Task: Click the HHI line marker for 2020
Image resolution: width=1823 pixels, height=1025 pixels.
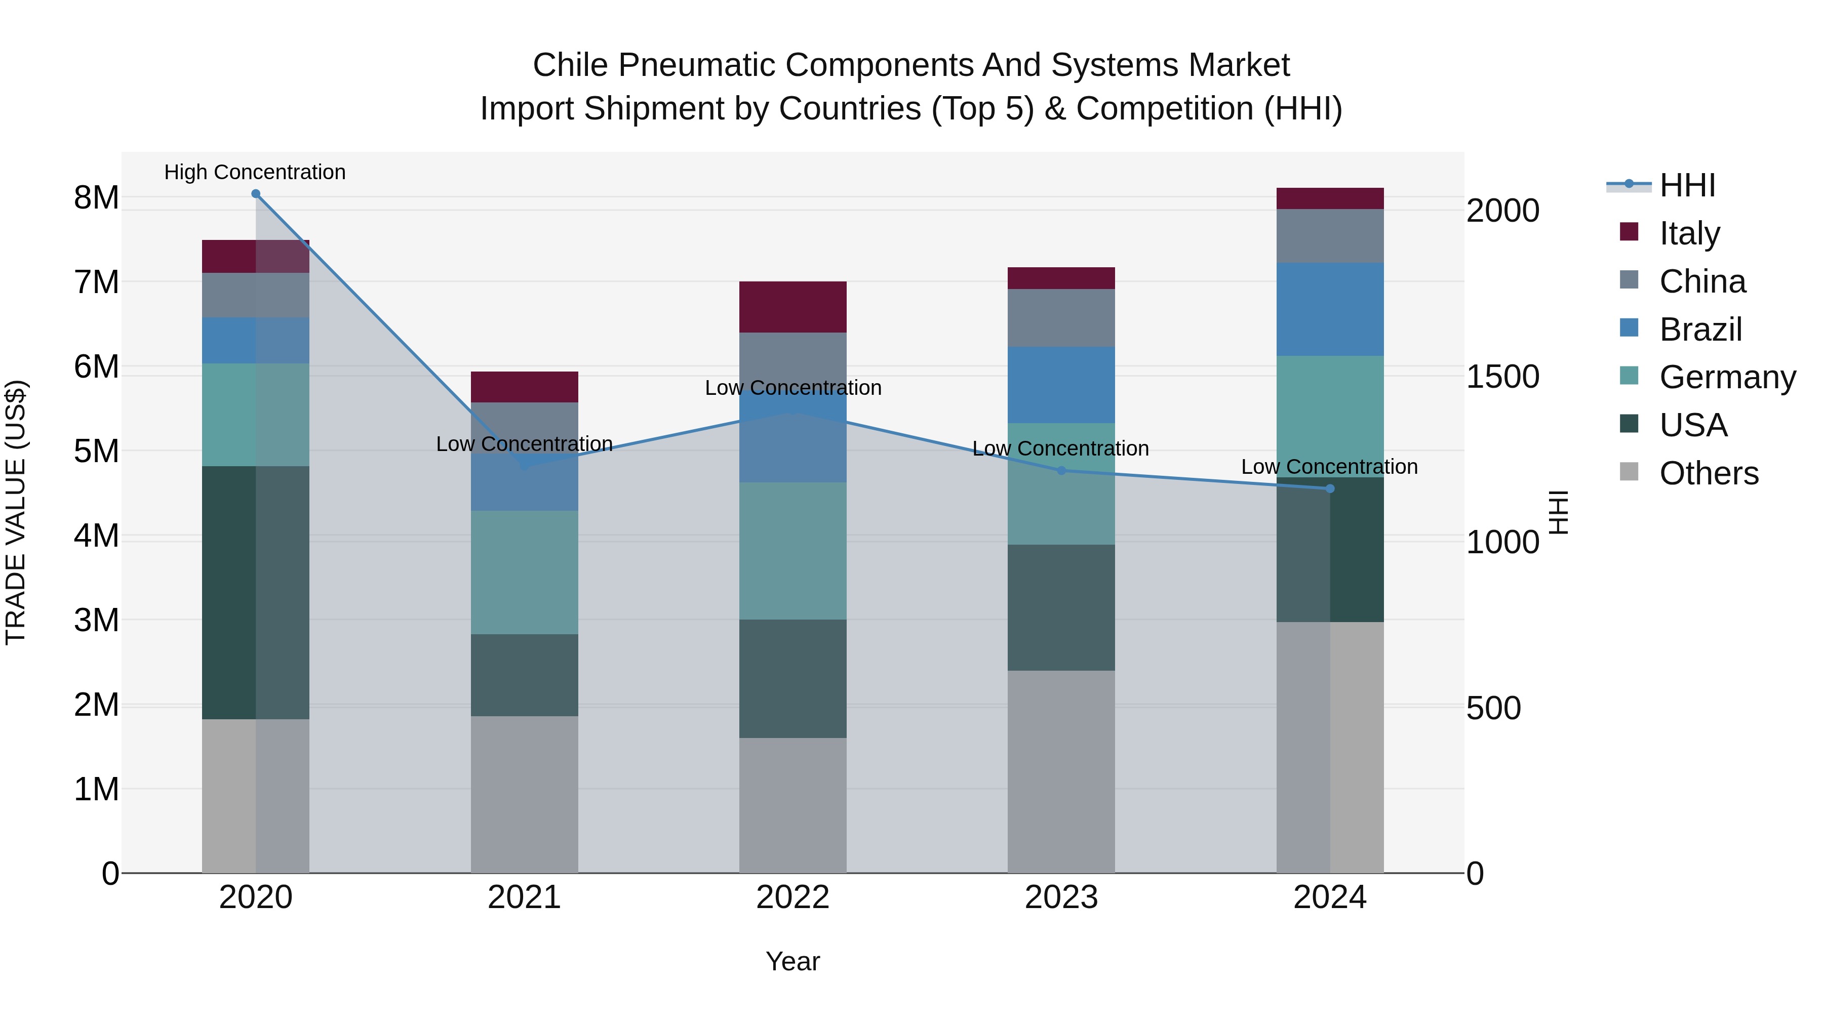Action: click(x=256, y=194)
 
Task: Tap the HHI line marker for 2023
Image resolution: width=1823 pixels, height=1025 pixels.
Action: click(x=1061, y=470)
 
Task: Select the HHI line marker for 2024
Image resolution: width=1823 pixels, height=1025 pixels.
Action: click(x=1330, y=489)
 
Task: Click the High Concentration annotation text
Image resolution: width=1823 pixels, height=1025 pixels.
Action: click(x=255, y=172)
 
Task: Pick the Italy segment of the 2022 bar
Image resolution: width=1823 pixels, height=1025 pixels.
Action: click(x=792, y=307)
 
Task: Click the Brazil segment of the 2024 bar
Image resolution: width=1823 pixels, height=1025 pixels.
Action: click(x=1330, y=309)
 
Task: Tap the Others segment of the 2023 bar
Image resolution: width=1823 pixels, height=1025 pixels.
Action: click(x=1061, y=771)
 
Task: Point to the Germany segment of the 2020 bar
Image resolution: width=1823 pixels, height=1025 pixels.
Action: click(x=256, y=415)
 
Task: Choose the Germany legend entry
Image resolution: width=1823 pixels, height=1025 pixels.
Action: click(x=1727, y=377)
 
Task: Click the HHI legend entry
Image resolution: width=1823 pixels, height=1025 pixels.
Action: click(x=1687, y=185)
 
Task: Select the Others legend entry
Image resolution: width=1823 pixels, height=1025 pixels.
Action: click(x=1709, y=473)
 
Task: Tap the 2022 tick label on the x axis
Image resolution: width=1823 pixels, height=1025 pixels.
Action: click(x=792, y=897)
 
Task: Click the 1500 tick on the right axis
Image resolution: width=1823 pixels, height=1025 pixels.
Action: click(x=1502, y=376)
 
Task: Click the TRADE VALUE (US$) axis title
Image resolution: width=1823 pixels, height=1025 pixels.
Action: click(x=16, y=512)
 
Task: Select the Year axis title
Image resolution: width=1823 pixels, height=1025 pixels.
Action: click(x=792, y=961)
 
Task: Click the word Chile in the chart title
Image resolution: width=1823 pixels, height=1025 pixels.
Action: click(x=570, y=65)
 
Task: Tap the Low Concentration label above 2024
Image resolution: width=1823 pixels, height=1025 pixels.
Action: click(x=1329, y=467)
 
